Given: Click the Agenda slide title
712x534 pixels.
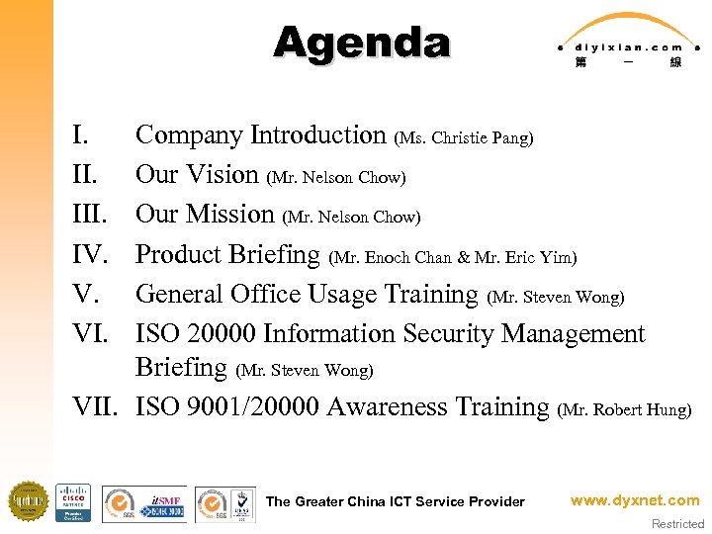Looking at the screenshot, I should (x=362, y=43).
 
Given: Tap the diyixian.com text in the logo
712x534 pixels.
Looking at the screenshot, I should (x=625, y=46).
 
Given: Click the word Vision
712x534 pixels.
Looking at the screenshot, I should (x=222, y=175).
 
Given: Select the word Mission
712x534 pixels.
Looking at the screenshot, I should (x=230, y=215).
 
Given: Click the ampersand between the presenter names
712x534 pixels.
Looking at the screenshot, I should (x=463, y=258).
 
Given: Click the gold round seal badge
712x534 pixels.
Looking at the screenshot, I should (x=28, y=501).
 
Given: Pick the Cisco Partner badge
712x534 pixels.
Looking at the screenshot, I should (x=73, y=502).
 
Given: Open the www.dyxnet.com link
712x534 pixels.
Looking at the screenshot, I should (x=634, y=500).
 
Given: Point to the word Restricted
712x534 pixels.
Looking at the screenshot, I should (x=677, y=524).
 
